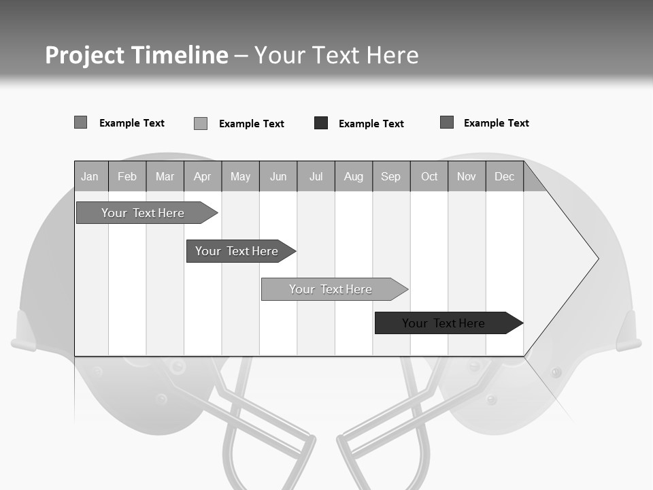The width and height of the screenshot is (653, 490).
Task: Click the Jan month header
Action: [90, 176]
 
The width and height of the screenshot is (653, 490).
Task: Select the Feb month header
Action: [127, 176]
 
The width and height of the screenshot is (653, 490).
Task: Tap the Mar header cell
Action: [165, 176]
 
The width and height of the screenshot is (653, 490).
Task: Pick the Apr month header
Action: [203, 176]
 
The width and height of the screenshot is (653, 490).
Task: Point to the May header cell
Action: [240, 176]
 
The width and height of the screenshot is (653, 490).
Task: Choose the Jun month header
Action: [278, 176]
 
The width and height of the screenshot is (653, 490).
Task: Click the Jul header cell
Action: [316, 176]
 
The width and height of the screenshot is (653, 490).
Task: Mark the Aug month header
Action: [354, 176]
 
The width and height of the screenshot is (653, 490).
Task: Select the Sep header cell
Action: [391, 176]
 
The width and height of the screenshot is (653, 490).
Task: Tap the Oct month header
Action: [429, 176]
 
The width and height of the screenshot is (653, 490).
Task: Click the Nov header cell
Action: [467, 176]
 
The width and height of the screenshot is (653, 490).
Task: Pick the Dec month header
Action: [505, 176]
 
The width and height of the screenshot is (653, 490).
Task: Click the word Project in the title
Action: [84, 55]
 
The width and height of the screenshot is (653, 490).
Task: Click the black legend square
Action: [321, 123]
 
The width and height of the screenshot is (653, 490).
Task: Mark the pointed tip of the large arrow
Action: [597, 258]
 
